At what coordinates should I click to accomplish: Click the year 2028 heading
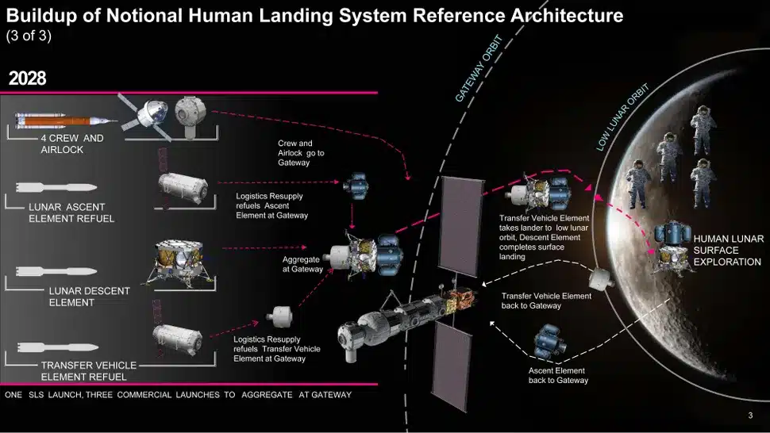[x=27, y=79]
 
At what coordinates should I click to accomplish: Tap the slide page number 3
[x=750, y=416]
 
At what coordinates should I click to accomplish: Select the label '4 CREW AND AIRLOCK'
[x=72, y=144]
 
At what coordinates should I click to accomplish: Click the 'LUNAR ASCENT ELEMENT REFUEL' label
[x=71, y=213]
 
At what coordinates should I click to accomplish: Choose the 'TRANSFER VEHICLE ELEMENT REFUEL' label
[x=88, y=370]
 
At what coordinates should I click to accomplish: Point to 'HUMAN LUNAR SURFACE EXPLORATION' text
[x=726, y=250]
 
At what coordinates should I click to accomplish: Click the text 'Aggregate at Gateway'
[x=302, y=264]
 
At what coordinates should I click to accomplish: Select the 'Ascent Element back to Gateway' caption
[x=558, y=375]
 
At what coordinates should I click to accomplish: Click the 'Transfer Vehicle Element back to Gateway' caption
[x=546, y=301]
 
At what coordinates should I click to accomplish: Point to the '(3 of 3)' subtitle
[x=29, y=36]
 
